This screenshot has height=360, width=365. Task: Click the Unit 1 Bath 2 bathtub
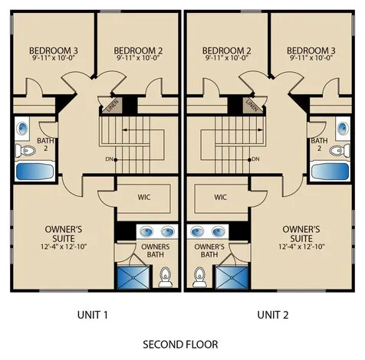click(x=35, y=171)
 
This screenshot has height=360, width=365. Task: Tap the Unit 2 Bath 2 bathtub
click(x=330, y=171)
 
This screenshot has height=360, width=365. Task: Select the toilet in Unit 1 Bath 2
click(x=25, y=150)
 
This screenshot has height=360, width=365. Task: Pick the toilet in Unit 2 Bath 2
click(x=340, y=150)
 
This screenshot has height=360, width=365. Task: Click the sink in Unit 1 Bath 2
click(x=22, y=129)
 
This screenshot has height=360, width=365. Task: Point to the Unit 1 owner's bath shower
click(x=133, y=277)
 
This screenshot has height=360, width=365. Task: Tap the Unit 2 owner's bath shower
click(x=232, y=277)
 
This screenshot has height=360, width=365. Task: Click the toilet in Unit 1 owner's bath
click(x=166, y=277)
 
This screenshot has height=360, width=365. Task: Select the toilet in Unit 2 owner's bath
click(x=199, y=277)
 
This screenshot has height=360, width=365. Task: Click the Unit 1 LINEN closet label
click(x=113, y=106)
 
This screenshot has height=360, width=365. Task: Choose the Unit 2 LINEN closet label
click(x=252, y=106)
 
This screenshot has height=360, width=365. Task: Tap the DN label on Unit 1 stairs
click(x=109, y=159)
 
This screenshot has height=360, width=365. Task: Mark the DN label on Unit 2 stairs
click(x=256, y=159)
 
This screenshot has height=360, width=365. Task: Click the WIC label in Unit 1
click(x=144, y=197)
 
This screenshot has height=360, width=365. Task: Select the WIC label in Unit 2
click(x=221, y=197)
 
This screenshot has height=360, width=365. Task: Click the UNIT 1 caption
click(x=93, y=315)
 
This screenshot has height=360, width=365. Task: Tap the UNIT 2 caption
click(x=273, y=315)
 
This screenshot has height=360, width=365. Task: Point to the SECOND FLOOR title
click(x=180, y=345)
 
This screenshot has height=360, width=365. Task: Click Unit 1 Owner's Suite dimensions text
click(x=64, y=247)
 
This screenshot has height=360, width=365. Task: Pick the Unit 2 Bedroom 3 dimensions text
click(x=311, y=57)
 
